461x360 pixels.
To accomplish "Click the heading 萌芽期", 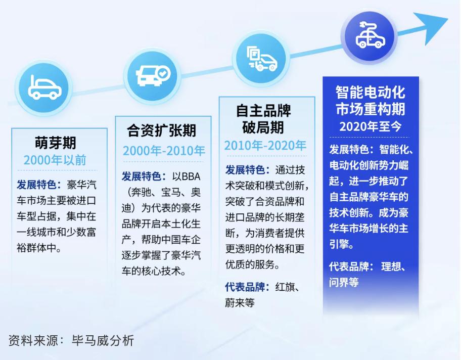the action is click(x=55, y=143).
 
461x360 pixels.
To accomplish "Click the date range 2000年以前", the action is click(x=55, y=160).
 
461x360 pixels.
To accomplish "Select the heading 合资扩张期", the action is click(x=161, y=130).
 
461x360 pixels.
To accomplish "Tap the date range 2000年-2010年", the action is click(x=164, y=151).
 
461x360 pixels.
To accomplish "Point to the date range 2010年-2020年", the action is click(x=265, y=145).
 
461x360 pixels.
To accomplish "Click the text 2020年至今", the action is click(x=371, y=126).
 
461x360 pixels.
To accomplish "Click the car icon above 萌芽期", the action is click(x=44, y=88).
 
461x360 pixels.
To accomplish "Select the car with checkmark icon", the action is click(x=153, y=75).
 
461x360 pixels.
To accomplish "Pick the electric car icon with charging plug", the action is click(x=371, y=35).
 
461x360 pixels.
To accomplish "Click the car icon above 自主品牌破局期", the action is click(x=262, y=58).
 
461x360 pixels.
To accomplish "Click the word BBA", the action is click(x=191, y=176).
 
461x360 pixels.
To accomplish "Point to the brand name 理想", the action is click(x=391, y=266).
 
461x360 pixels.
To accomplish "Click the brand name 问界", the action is click(x=339, y=282).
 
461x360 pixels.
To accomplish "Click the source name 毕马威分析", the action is click(x=103, y=341).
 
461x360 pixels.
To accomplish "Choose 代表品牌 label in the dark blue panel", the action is click(x=349, y=266).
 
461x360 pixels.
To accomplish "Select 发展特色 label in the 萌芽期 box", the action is click(x=36, y=185).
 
